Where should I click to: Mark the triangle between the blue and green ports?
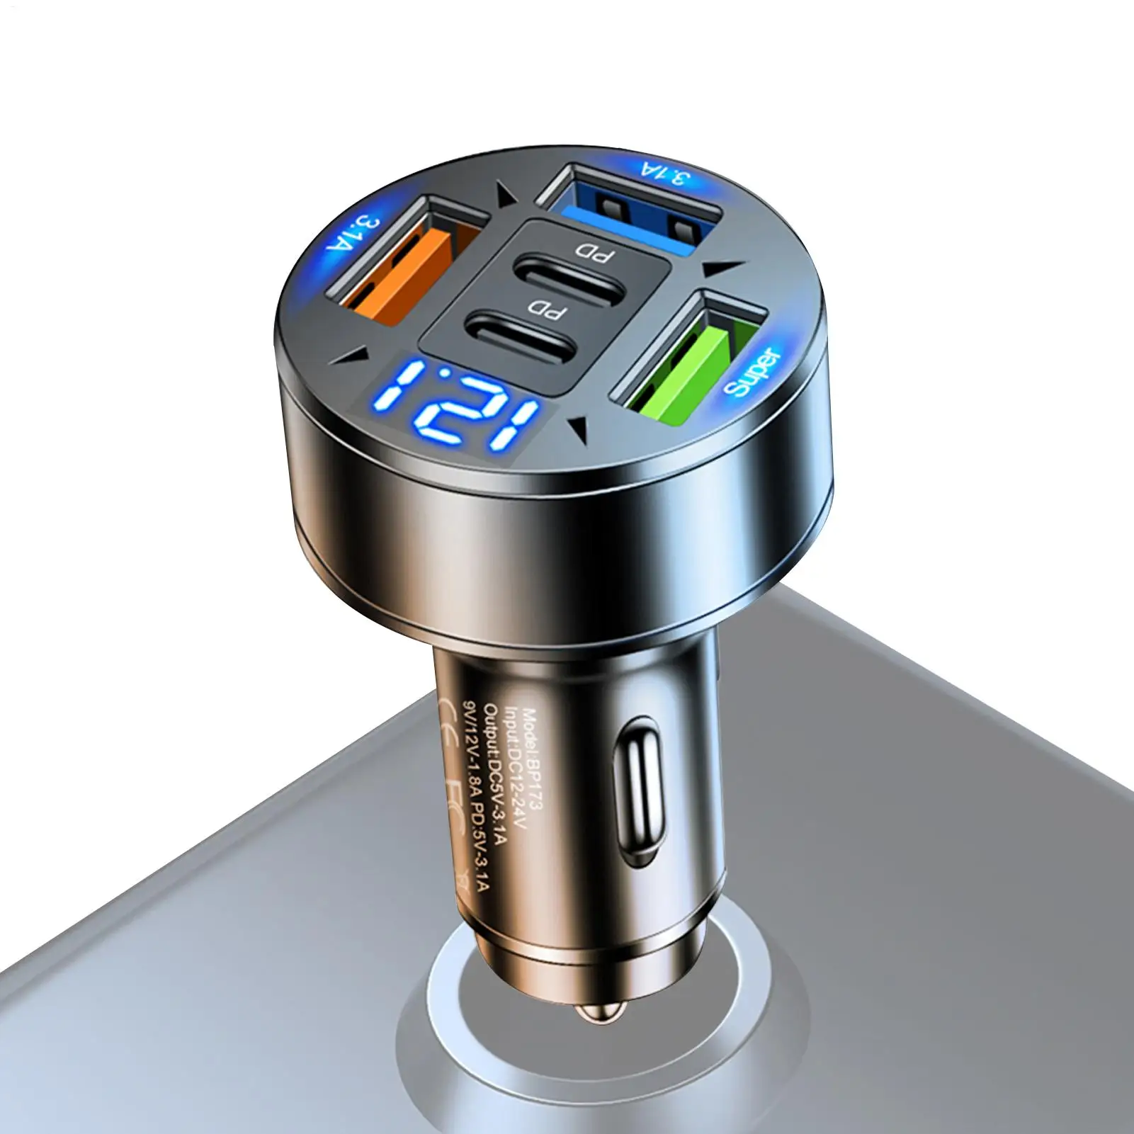[722, 269]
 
